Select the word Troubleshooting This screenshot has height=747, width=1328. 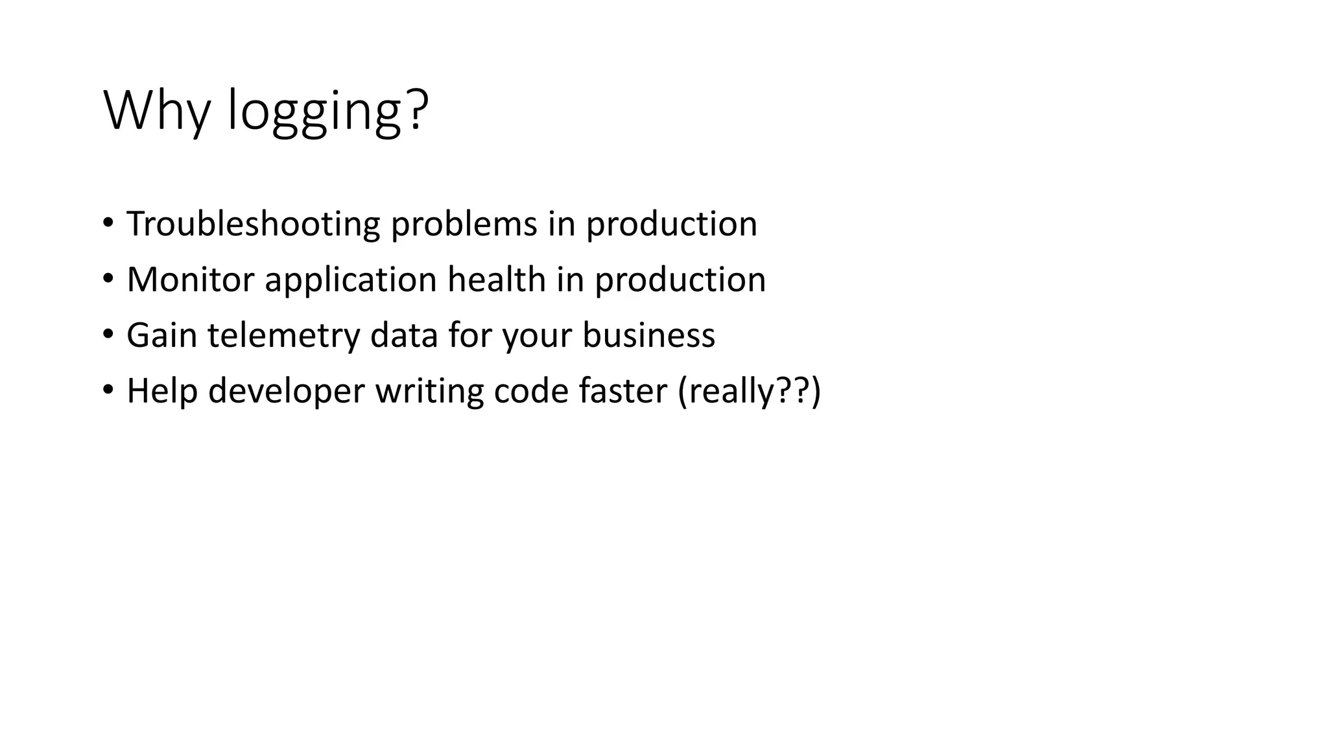[x=253, y=224]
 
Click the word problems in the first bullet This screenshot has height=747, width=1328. [x=464, y=224]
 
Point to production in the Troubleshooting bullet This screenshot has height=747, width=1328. [x=671, y=224]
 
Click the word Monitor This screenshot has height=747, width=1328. [x=190, y=280]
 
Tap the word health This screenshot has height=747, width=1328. [x=496, y=280]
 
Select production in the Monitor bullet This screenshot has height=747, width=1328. [x=680, y=280]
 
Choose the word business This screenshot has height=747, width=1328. [x=648, y=336]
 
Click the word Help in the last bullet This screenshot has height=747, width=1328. [x=161, y=392]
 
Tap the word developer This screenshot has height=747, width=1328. [x=286, y=392]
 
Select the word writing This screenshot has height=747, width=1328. [x=429, y=392]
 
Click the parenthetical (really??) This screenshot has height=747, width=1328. [x=749, y=392]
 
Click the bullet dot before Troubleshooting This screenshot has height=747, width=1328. [x=108, y=223]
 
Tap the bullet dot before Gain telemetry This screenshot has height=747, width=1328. [x=108, y=335]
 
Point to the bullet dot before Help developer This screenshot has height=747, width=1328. [x=108, y=390]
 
